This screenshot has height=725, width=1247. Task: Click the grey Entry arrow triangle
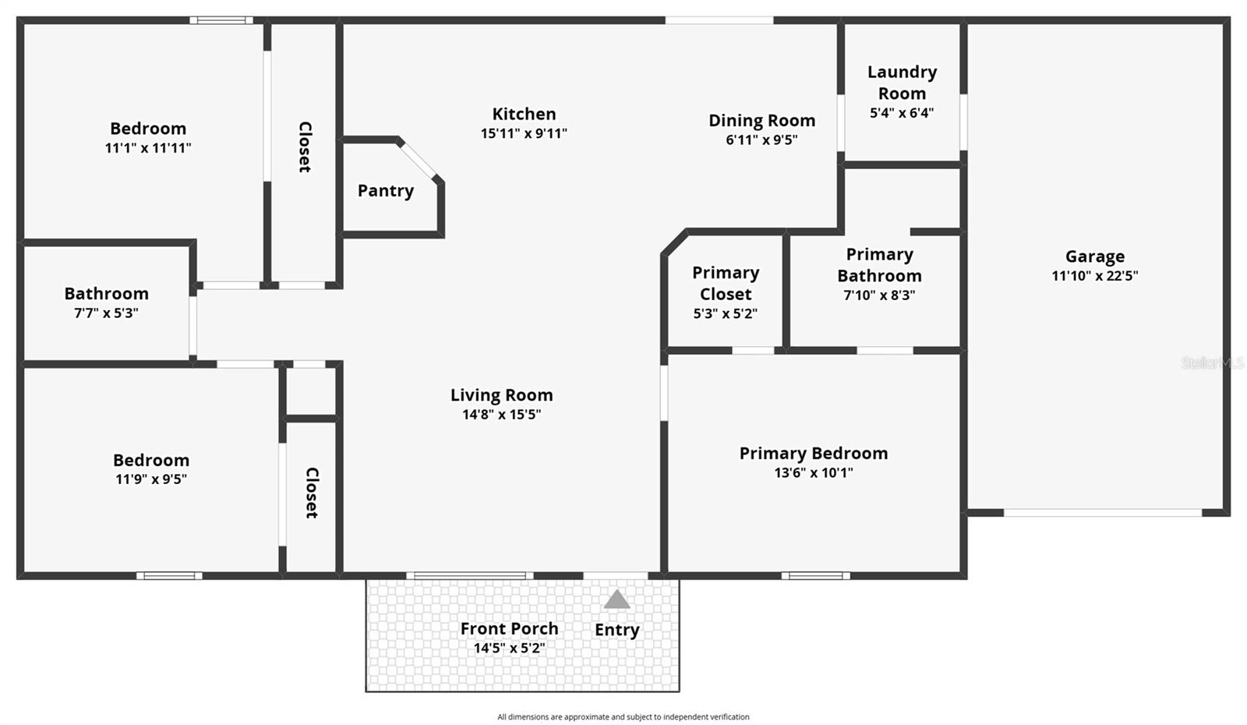click(x=616, y=599)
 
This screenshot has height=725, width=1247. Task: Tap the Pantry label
click(x=386, y=191)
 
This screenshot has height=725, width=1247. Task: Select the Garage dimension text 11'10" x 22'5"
click(x=1094, y=276)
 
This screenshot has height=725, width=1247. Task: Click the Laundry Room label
click(x=902, y=83)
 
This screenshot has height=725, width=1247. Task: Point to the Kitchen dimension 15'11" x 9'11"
click(x=524, y=133)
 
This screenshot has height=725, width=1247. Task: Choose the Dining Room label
click(x=761, y=121)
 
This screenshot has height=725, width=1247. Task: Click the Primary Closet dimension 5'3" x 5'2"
click(x=725, y=313)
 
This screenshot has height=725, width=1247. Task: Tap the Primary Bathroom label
click(x=879, y=265)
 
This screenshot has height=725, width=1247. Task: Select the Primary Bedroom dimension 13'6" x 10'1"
click(x=813, y=472)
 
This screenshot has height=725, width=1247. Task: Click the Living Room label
click(x=501, y=395)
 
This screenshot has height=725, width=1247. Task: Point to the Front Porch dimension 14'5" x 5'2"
click(x=509, y=648)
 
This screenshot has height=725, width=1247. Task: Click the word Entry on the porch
click(x=616, y=630)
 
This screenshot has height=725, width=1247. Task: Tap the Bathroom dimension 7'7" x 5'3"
click(x=106, y=313)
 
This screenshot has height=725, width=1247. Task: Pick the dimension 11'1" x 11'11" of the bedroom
click(x=148, y=148)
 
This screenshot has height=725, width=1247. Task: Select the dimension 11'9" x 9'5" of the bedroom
click(x=151, y=479)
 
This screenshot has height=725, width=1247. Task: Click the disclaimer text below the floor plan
click(x=623, y=717)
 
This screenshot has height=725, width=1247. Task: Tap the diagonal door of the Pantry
click(x=419, y=161)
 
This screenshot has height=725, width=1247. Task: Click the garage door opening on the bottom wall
click(x=1102, y=513)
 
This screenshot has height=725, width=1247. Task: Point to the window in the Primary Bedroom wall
click(x=815, y=576)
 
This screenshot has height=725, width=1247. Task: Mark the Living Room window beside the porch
click(x=469, y=576)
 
